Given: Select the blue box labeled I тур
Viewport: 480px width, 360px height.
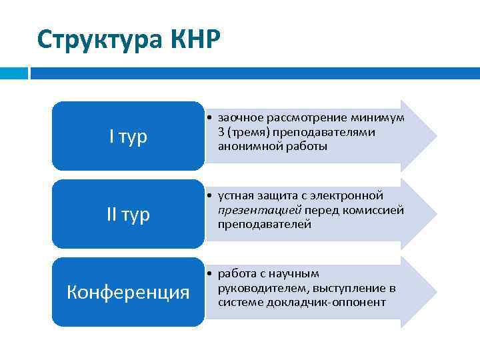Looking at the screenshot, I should [128, 137].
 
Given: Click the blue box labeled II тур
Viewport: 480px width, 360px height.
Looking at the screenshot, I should [128, 214].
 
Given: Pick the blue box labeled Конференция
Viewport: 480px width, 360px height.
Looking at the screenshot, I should [128, 292].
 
